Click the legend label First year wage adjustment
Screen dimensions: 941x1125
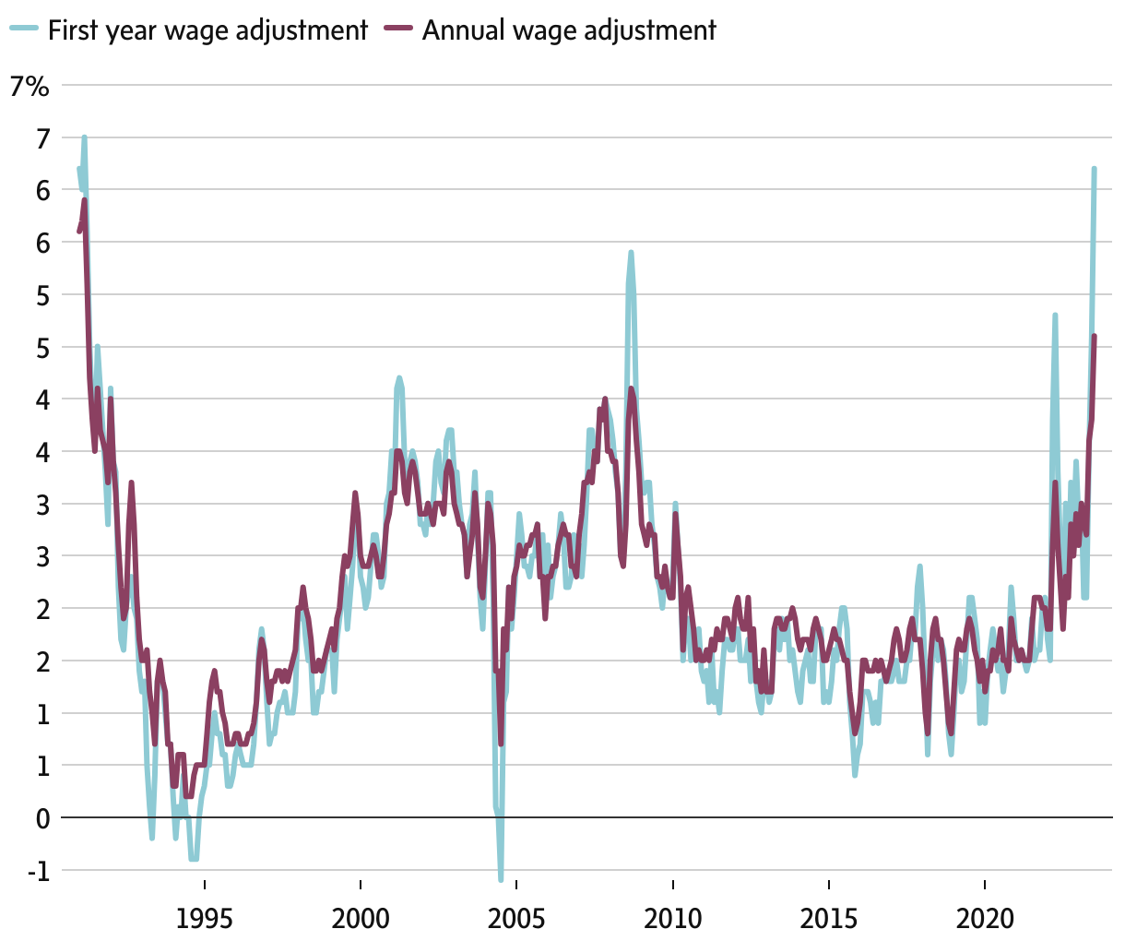coord(207,30)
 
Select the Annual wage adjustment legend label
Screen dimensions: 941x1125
coord(569,30)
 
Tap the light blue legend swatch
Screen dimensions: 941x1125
coord(25,30)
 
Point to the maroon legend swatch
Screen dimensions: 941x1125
coord(398,30)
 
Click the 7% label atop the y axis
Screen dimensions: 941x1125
coord(30,87)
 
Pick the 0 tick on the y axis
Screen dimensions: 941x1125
coord(42,818)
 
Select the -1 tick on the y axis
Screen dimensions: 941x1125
coord(39,871)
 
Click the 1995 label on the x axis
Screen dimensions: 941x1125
coord(205,919)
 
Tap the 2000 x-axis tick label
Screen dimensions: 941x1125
coord(361,919)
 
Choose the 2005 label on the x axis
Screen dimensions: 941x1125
coord(516,919)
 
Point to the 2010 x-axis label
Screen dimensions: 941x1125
coord(673,919)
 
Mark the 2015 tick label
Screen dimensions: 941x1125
coord(829,919)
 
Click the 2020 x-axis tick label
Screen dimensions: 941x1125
coord(985,919)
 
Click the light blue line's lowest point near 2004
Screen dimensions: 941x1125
coord(501,879)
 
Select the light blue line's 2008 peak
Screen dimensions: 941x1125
coord(631,252)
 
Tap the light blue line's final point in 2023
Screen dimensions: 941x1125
coord(1094,169)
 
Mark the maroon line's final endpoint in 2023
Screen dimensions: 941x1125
coord(1094,337)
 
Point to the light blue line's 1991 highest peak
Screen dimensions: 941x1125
coord(84,137)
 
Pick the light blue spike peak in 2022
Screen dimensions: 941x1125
coord(1054,316)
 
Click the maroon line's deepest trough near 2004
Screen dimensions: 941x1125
coord(501,744)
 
